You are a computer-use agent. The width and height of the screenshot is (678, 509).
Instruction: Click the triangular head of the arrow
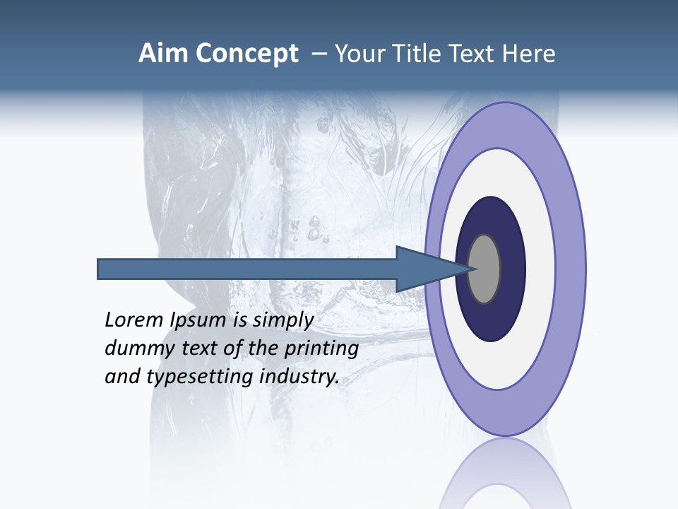pos(424,269)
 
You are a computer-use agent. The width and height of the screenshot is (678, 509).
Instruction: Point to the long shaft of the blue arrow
pos(247,269)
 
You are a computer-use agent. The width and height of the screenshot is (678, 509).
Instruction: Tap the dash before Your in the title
pos(319,54)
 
